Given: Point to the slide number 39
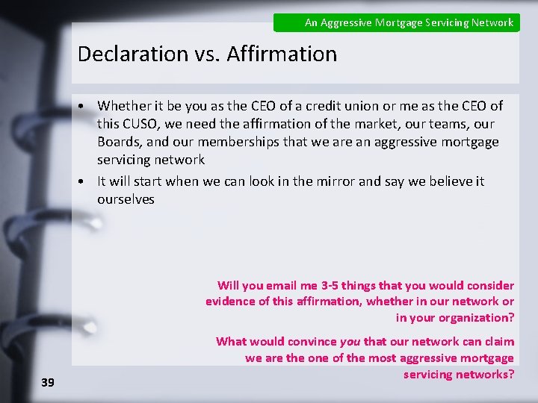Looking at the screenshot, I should click(x=48, y=382).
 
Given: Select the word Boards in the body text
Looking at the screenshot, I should click(x=117, y=142).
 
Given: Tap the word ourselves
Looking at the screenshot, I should click(x=126, y=199).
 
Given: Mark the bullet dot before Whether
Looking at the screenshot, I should click(x=88, y=106).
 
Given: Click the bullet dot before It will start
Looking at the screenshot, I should click(x=88, y=181).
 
